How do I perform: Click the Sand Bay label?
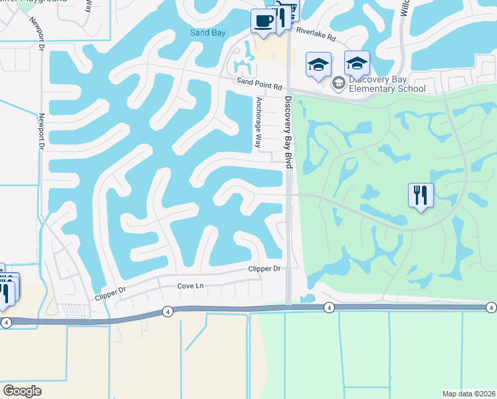[208, 33]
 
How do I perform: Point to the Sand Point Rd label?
[259, 87]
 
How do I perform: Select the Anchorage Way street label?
[258, 123]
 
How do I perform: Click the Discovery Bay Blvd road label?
[288, 133]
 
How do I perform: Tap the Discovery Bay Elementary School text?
[387, 83]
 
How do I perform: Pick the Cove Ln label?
[189, 286]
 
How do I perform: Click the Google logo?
[23, 391]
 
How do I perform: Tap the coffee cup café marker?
[263, 20]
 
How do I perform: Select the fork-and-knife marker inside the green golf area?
[421, 196]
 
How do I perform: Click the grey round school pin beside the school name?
[338, 82]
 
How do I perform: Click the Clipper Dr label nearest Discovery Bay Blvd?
[264, 269]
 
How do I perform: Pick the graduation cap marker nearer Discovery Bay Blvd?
[318, 65]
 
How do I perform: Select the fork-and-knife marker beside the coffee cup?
[280, 16]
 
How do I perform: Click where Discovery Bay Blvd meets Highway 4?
[288, 307]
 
